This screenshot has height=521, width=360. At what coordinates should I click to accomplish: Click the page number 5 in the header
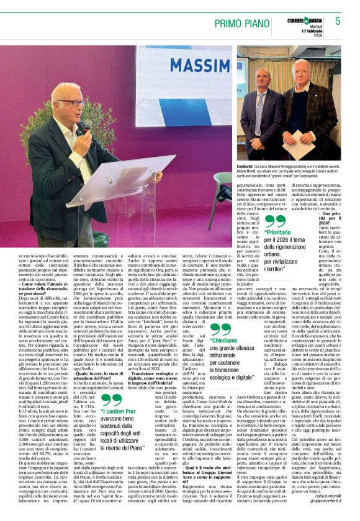tap(338, 20)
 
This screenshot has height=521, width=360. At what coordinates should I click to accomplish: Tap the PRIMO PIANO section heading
tap(246, 22)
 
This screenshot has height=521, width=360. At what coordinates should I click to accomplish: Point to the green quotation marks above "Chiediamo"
tap(220, 329)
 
